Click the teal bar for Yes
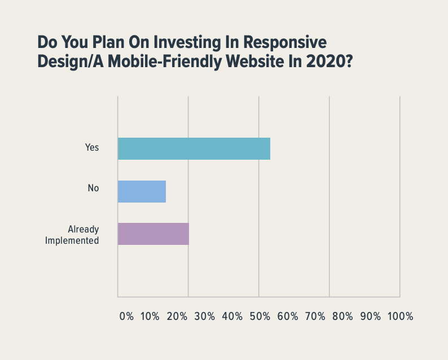[194, 148]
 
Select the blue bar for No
[142, 191]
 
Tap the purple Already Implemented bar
[153, 234]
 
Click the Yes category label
[92, 147]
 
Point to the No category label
[93, 188]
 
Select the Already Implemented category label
[83, 235]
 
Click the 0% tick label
[127, 317]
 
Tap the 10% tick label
[150, 317]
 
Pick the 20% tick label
[177, 317]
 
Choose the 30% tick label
[205, 317]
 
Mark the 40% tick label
[232, 317]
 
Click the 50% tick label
[260, 317]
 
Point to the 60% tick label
[288, 317]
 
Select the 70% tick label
[315, 317]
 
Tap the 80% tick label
[343, 317]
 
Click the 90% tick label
[371, 317]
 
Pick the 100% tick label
[400, 317]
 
